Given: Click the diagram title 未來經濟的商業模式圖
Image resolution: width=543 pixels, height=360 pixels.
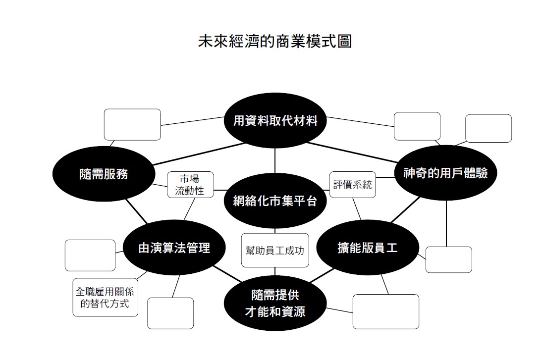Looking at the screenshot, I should pos(274,41).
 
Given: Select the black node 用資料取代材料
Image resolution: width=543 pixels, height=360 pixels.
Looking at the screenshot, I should pos(275,120).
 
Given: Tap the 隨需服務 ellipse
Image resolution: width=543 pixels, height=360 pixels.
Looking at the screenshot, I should pos(104,174).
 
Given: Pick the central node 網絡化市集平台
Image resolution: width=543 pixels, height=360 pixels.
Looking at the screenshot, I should pos(275,201).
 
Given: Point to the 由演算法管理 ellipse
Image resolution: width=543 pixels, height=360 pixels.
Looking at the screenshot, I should pos(174,248).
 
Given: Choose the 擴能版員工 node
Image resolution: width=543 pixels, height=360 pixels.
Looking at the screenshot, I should pos(367,247).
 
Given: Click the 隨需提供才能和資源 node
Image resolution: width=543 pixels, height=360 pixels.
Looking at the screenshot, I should pos(275,303).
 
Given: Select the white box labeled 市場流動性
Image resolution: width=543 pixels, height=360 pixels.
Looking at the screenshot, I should pos(190,185).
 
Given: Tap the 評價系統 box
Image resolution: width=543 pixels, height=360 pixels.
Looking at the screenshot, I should pos(352,185).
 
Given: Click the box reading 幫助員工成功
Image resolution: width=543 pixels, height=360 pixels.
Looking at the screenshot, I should pos(274,250).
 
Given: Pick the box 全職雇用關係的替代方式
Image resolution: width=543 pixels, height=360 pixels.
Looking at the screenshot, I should pos(105,297).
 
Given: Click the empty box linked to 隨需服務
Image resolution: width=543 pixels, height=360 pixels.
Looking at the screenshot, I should pos(132,124).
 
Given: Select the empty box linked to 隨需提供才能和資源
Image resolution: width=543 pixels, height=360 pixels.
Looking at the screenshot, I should pos(385,311).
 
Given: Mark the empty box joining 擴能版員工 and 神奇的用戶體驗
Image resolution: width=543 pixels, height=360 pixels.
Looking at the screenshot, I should pos(448,259).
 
